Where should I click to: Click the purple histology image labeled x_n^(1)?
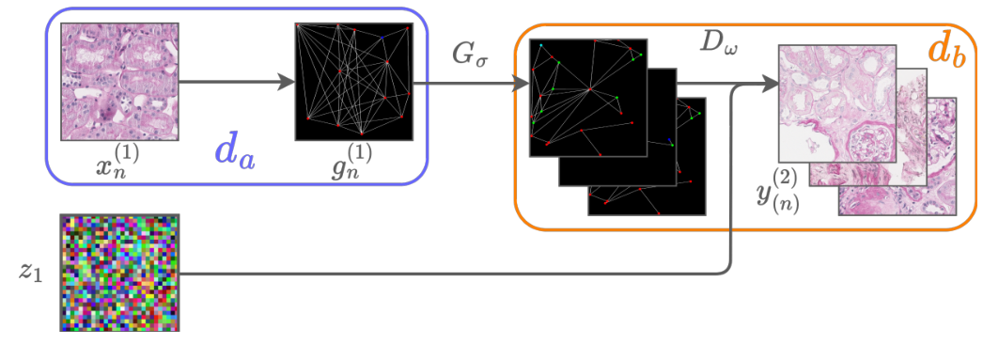[x=119, y=82]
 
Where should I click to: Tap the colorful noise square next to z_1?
[x=119, y=272]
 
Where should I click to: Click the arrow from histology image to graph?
[x=235, y=82]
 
